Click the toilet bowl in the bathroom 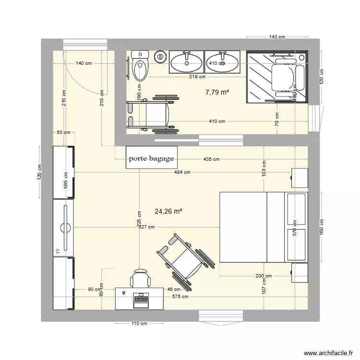pyautogui.click(x=141, y=70)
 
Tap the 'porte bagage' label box pyautogui.click(x=151, y=158)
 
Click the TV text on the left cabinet pyautogui.click(x=58, y=251)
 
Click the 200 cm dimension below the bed pyautogui.click(x=264, y=276)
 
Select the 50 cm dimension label pyautogui.click(x=63, y=132)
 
